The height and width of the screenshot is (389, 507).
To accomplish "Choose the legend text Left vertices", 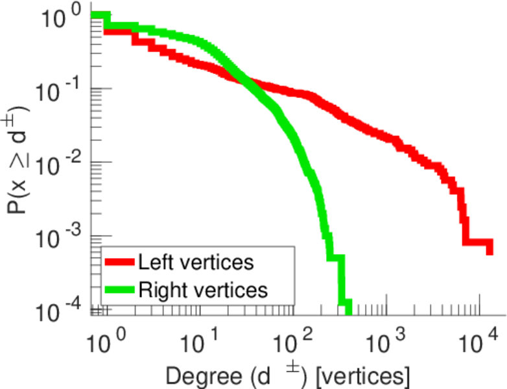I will (x=195, y=263).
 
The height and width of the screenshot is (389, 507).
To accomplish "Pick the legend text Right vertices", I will (x=202, y=289).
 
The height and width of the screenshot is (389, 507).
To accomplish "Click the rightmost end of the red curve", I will (x=489, y=248).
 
